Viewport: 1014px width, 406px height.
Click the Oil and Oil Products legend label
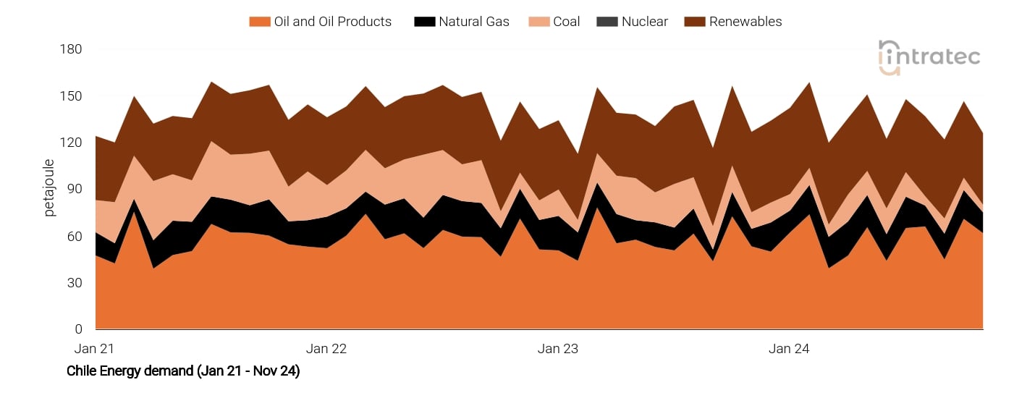332,22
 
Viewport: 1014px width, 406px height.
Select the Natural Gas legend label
473,22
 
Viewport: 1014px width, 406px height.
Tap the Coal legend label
566,22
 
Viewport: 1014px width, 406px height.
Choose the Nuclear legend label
644,22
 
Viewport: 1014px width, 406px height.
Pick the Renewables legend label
745,22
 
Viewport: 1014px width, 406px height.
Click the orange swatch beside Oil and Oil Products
259,22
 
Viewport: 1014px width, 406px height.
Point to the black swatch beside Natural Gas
424,22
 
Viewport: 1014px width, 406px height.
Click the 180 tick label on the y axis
72,49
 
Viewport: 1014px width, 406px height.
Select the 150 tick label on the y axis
72,96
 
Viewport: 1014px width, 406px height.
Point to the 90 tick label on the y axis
75,190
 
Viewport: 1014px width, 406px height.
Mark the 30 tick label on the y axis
75,283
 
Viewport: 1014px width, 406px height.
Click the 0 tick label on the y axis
78,330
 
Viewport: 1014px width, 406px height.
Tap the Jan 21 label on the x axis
95,349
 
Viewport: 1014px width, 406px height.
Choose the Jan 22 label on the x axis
326,349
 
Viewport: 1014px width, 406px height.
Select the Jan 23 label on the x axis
558,349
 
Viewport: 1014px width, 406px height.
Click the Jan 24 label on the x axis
789,349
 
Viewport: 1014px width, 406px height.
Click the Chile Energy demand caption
183,371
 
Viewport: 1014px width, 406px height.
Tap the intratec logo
929,56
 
